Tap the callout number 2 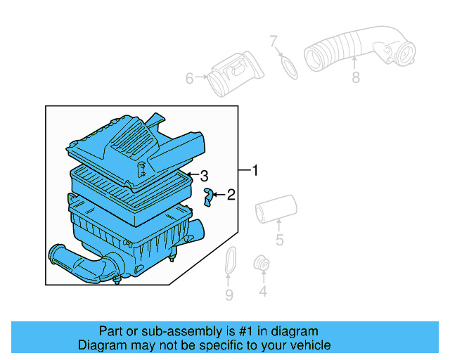[230, 195]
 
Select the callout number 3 [204, 175]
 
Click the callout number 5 [279, 241]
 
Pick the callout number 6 [189, 79]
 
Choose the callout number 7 [274, 42]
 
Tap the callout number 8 [355, 77]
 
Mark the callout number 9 [229, 295]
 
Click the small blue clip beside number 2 [208, 196]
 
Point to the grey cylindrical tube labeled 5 [275, 209]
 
